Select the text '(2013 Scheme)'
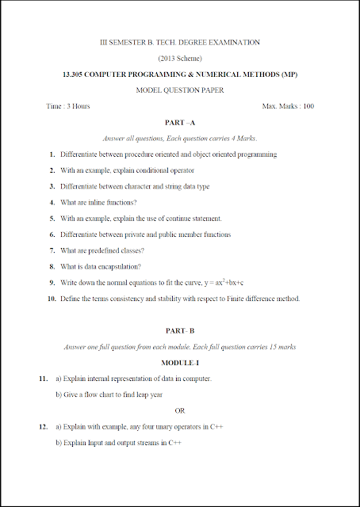(180, 58)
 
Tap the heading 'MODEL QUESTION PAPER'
(180, 90)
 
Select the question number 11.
(44, 379)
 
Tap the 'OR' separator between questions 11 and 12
(180, 410)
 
